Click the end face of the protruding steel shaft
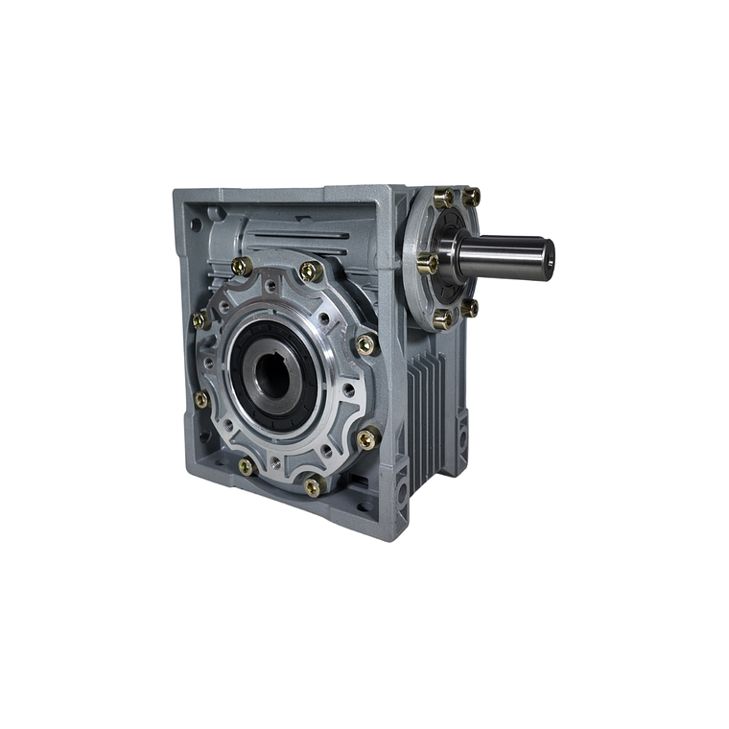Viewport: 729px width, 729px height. [x=547, y=253]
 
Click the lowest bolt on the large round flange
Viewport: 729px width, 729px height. [x=313, y=486]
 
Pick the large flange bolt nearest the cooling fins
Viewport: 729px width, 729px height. [x=367, y=438]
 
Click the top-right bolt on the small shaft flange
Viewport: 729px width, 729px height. [x=471, y=197]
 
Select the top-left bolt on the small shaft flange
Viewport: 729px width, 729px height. [x=443, y=199]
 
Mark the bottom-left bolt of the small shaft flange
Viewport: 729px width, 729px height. [x=442, y=319]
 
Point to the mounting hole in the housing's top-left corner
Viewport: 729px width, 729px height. [x=196, y=224]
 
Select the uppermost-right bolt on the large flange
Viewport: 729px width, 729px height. [x=310, y=271]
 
